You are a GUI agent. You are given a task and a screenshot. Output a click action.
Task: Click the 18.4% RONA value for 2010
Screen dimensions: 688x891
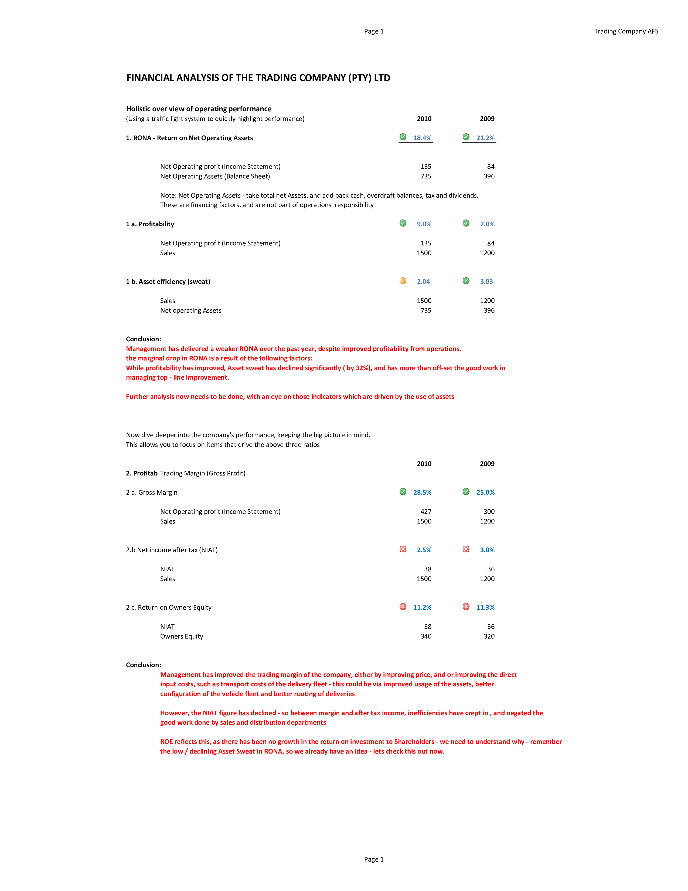[422, 138]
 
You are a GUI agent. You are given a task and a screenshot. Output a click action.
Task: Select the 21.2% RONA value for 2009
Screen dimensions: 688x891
[485, 138]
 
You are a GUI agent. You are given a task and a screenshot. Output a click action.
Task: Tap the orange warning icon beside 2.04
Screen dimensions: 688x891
[403, 281]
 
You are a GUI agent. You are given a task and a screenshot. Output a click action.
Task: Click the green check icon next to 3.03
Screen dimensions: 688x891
[466, 281]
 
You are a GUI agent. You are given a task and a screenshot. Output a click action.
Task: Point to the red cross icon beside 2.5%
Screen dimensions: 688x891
[403, 549]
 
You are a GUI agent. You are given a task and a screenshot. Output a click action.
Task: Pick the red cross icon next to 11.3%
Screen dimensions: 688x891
[466, 607]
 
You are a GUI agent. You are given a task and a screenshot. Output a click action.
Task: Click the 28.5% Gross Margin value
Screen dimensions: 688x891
[422, 492]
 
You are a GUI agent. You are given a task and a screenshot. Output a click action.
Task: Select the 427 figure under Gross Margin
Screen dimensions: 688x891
[426, 512]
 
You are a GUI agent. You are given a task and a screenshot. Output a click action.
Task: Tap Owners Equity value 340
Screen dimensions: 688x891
[426, 636]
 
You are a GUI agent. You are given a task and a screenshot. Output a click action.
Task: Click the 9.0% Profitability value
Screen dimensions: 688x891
[424, 224]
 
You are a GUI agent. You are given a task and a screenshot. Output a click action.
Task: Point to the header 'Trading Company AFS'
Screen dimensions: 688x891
[626, 31]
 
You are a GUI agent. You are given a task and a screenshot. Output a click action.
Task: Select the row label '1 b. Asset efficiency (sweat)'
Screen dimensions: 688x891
[168, 282]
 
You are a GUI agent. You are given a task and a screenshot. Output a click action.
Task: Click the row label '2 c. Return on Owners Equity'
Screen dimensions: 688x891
[169, 607]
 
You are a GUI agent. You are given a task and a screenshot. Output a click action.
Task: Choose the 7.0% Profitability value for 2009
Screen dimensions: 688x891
[487, 224]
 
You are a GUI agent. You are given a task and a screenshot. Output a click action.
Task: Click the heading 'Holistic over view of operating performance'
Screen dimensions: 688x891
[199, 109]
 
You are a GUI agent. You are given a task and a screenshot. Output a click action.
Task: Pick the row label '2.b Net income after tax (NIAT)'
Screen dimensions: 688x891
[172, 550]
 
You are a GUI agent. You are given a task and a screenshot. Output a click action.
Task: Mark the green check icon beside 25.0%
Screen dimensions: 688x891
[466, 492]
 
